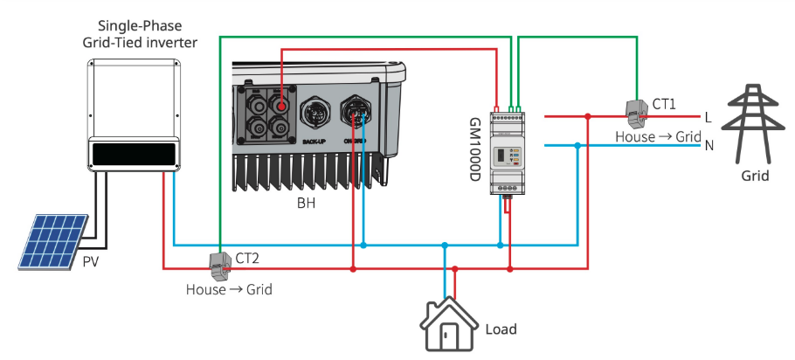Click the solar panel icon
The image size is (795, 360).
click(53, 241)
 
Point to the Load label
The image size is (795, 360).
click(501, 329)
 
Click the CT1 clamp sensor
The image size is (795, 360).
click(633, 109)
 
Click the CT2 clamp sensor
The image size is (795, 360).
click(218, 261)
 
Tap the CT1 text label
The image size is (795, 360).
click(664, 104)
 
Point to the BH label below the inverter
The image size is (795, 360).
click(306, 204)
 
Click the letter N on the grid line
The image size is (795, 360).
click(709, 145)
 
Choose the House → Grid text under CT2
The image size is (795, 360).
click(229, 288)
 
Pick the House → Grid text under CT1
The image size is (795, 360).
click(658, 137)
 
